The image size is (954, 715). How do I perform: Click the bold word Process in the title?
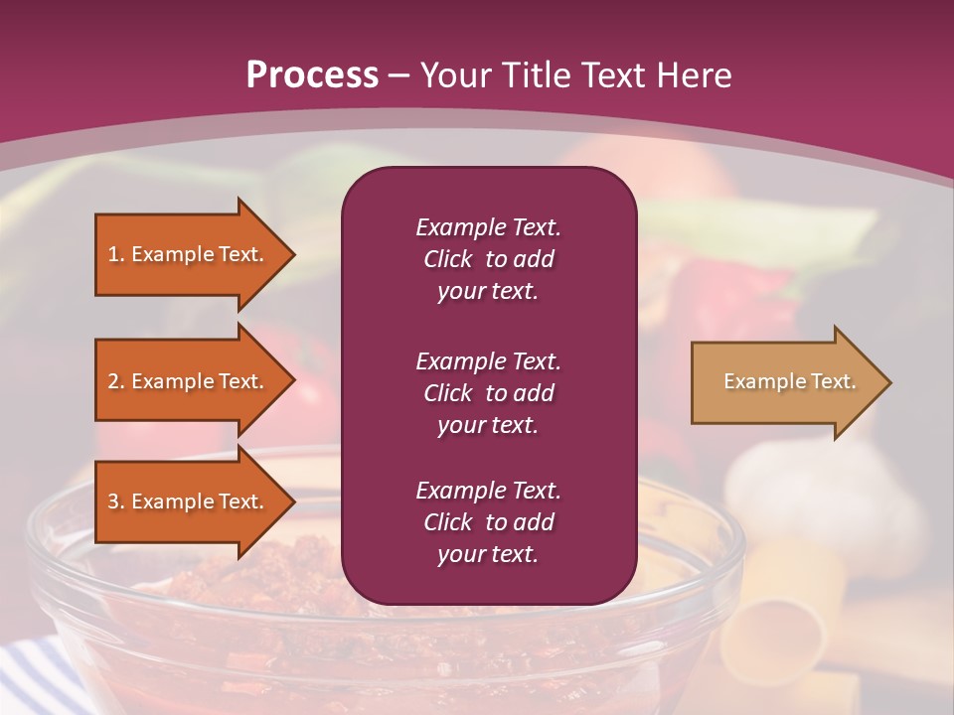312,75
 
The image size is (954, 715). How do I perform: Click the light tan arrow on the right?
785,382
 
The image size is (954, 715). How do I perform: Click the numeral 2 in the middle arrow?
113,381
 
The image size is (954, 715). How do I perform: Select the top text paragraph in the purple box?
488,259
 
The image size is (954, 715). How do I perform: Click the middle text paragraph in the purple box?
488,393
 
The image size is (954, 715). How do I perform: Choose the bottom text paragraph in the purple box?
488,522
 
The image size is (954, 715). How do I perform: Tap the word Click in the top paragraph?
448,259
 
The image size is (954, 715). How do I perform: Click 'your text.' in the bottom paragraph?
488,555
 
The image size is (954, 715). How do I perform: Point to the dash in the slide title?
399,75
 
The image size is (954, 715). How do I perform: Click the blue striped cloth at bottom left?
40,675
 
